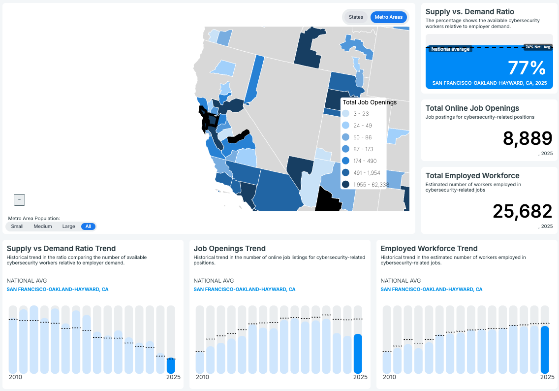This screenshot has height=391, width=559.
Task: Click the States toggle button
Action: (356, 17)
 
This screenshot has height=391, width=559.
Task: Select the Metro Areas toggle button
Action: (388, 17)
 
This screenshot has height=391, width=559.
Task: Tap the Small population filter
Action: (17, 227)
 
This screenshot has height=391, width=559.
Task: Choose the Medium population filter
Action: (43, 227)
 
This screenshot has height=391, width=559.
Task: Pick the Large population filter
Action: (68, 227)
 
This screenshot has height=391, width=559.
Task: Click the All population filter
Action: (89, 227)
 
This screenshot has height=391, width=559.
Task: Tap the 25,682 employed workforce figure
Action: (522, 211)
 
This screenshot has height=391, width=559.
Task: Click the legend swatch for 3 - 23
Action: (345, 114)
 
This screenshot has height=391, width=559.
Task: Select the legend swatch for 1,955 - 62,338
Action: (345, 185)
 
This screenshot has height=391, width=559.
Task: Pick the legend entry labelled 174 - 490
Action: (365, 161)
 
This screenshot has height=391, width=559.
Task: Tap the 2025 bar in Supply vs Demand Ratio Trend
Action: (171, 365)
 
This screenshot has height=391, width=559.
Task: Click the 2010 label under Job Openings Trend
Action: (202, 377)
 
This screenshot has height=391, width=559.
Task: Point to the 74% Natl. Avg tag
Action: (537, 47)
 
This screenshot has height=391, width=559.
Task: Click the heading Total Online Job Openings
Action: (472, 108)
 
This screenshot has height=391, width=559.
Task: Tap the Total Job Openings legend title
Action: (370, 102)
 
